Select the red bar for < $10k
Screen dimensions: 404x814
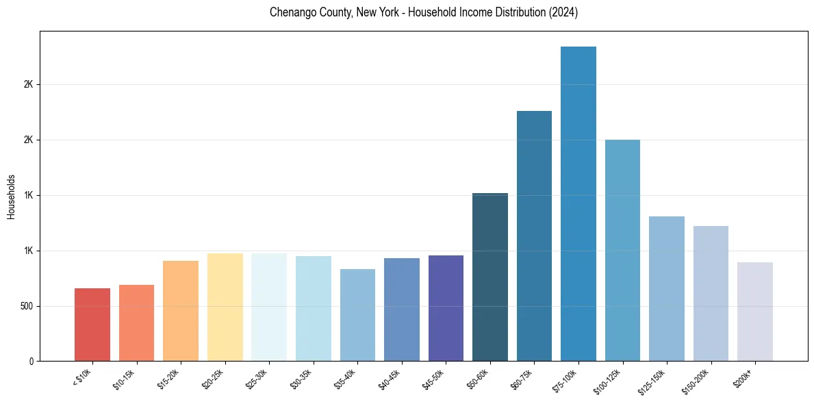click(x=92, y=325)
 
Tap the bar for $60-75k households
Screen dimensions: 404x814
click(x=534, y=236)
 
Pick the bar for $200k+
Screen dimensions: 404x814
click(x=754, y=312)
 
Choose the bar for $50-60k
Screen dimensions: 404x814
click(x=489, y=277)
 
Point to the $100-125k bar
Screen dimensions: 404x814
click(x=622, y=251)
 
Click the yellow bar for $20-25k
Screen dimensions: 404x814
click(x=225, y=307)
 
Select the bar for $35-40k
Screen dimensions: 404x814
click(x=357, y=315)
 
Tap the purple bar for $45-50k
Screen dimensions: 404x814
click(x=446, y=308)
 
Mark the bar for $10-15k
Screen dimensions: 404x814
click(x=136, y=323)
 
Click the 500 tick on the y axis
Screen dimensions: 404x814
click(x=27, y=306)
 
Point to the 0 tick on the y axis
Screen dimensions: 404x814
click(x=31, y=362)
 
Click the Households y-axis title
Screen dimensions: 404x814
click(x=11, y=197)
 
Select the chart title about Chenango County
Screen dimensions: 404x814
click(x=424, y=13)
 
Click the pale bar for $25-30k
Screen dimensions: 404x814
click(x=269, y=307)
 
